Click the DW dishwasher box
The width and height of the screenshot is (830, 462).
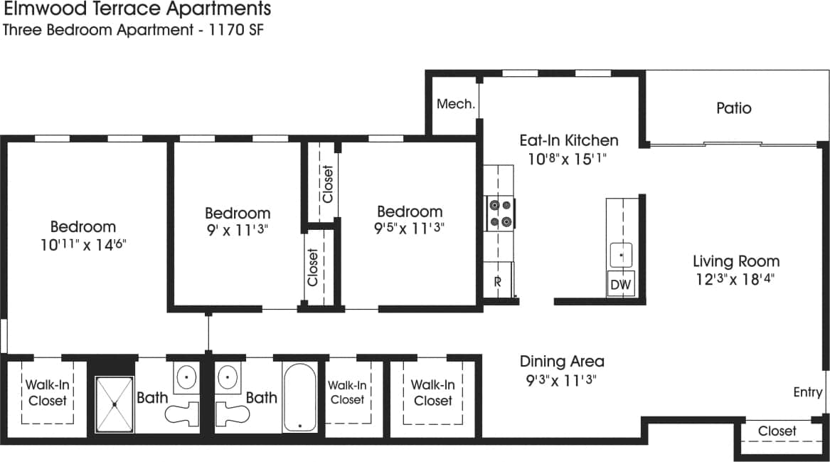click(x=620, y=285)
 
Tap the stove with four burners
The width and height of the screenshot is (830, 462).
click(x=499, y=213)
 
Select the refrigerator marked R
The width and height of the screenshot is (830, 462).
click(x=499, y=280)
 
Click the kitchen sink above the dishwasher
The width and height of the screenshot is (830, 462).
click(x=620, y=254)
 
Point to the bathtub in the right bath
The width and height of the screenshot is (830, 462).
click(x=299, y=398)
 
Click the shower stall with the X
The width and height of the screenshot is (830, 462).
click(x=115, y=404)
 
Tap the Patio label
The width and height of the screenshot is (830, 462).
click(x=733, y=108)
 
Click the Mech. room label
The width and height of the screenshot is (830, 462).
click(x=455, y=104)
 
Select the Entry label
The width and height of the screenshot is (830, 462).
click(x=808, y=392)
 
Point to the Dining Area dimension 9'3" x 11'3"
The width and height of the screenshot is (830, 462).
click(x=561, y=379)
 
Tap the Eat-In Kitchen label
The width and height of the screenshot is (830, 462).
click(x=568, y=140)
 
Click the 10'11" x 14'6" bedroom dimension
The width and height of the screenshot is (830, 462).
click(x=83, y=244)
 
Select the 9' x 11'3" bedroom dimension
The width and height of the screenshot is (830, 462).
click(x=238, y=230)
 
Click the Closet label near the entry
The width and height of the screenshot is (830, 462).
click(x=777, y=431)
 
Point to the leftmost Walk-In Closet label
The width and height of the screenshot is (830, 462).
click(x=47, y=392)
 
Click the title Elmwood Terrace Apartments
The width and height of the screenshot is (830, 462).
click(x=137, y=9)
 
